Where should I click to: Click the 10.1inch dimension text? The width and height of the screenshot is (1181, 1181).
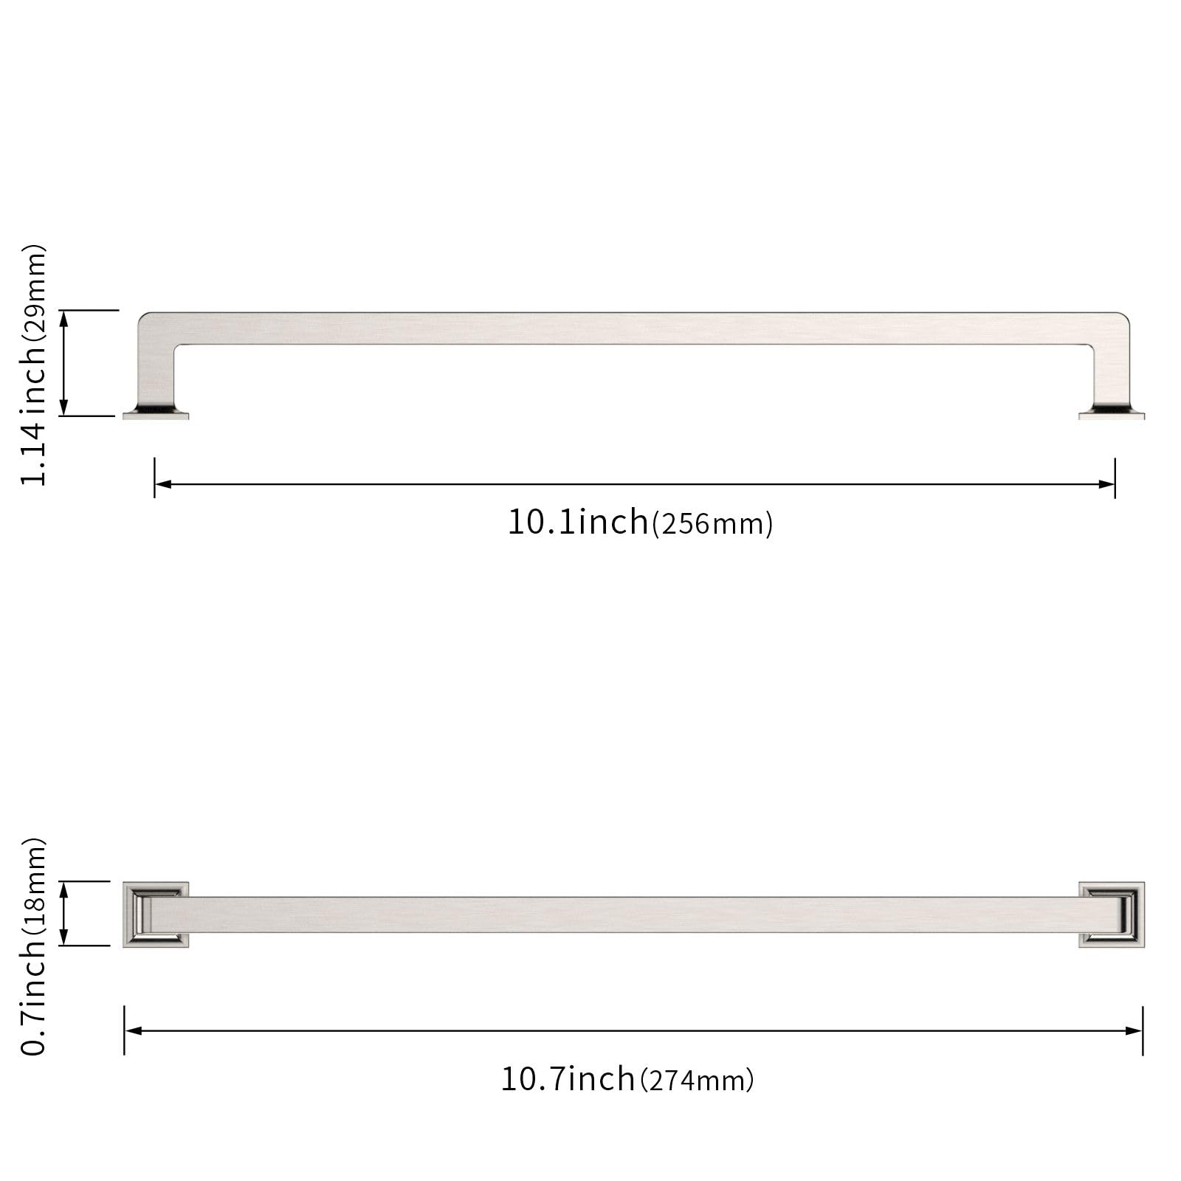pyautogui.click(x=577, y=522)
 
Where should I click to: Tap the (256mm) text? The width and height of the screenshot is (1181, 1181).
pyautogui.click(x=712, y=524)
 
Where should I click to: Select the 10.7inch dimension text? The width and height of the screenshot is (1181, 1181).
pyautogui.click(x=568, y=1078)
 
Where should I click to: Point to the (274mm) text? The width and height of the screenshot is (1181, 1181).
pyautogui.click(x=697, y=1081)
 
